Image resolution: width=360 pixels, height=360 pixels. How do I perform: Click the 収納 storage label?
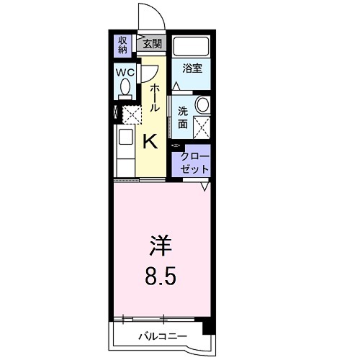point(123,45)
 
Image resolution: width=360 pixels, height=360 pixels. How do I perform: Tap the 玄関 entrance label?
point(152,43)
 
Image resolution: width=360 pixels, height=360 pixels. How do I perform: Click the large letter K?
point(150,142)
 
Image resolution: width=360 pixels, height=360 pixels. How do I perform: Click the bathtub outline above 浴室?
point(192,47)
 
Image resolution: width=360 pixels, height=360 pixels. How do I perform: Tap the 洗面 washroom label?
point(183,117)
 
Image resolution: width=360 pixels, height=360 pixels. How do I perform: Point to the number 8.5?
point(161,276)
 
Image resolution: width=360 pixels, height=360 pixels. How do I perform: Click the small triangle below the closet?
point(204,186)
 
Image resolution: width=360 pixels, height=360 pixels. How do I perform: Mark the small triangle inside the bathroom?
point(176,85)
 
